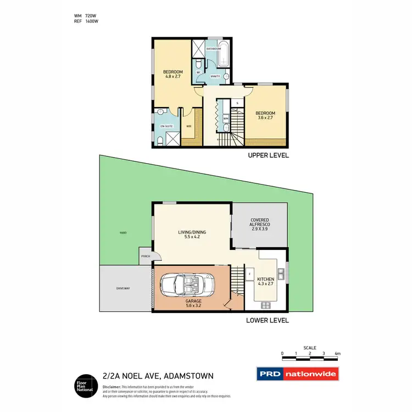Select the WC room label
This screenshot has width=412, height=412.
click(x=198, y=71)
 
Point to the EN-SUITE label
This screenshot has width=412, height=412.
click(x=166, y=126)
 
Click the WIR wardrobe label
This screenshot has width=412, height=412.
click(x=189, y=126)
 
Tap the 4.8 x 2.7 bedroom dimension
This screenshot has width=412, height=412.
click(x=172, y=76)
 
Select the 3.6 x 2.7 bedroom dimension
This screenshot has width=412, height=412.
click(x=265, y=118)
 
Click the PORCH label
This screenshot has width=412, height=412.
click(x=146, y=256)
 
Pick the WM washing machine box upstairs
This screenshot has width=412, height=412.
click(x=226, y=118)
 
